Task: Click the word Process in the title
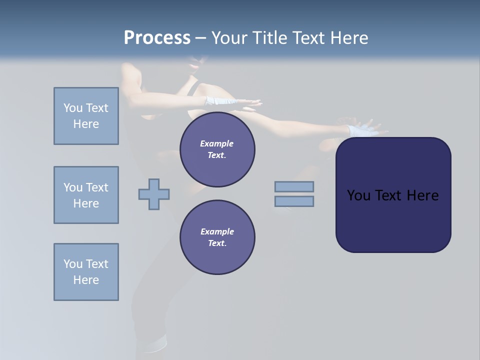coord(157,38)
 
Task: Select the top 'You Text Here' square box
coord(86,116)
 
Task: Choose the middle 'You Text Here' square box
coord(86,195)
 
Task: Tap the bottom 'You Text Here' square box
coord(86,272)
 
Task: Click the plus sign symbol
coord(154,194)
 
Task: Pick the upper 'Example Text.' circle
coord(217,149)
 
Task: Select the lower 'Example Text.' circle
coord(217,237)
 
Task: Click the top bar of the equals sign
coord(294,186)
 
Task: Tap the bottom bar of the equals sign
coord(294,201)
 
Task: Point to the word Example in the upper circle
coord(217,143)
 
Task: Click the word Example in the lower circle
coord(217,231)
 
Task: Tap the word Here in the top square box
coord(86,124)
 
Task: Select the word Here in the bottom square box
coord(86,280)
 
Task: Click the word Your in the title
coord(229,38)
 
